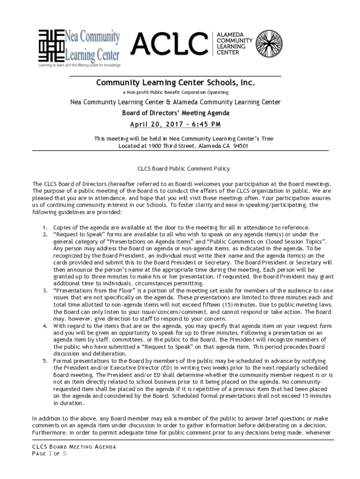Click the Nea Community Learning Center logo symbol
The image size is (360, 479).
pyautogui.click(x=50, y=45)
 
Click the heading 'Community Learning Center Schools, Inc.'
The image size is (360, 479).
pyautogui.click(x=175, y=83)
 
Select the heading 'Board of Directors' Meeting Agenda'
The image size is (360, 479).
pyautogui.click(x=175, y=113)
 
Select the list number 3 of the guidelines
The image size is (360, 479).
pyautogui.click(x=45, y=290)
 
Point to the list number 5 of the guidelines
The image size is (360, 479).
pyautogui.click(x=45, y=361)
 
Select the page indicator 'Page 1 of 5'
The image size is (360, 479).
pyautogui.click(x=49, y=454)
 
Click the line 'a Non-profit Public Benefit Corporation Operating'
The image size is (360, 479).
pyautogui.click(x=175, y=93)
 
